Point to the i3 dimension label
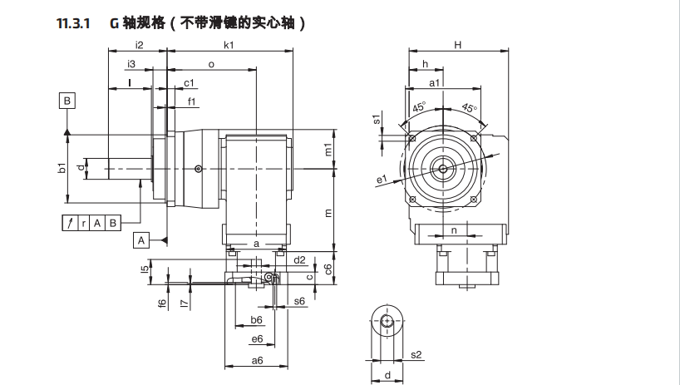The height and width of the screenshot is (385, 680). tap(131, 64)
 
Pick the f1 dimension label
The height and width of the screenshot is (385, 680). tap(191, 101)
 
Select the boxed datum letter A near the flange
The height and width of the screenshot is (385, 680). tap(141, 240)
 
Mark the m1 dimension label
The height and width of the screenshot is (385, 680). tap(329, 151)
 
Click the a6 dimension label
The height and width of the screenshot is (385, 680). tap(257, 360)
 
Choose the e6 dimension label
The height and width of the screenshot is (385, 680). tap(257, 338)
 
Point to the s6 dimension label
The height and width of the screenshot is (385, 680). tap(299, 300)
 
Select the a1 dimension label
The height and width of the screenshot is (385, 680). tap(435, 83)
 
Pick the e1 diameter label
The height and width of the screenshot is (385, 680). tap(382, 178)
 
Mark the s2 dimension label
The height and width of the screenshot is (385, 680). tap(418, 355)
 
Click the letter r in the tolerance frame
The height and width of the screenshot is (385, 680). tap(83, 222)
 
